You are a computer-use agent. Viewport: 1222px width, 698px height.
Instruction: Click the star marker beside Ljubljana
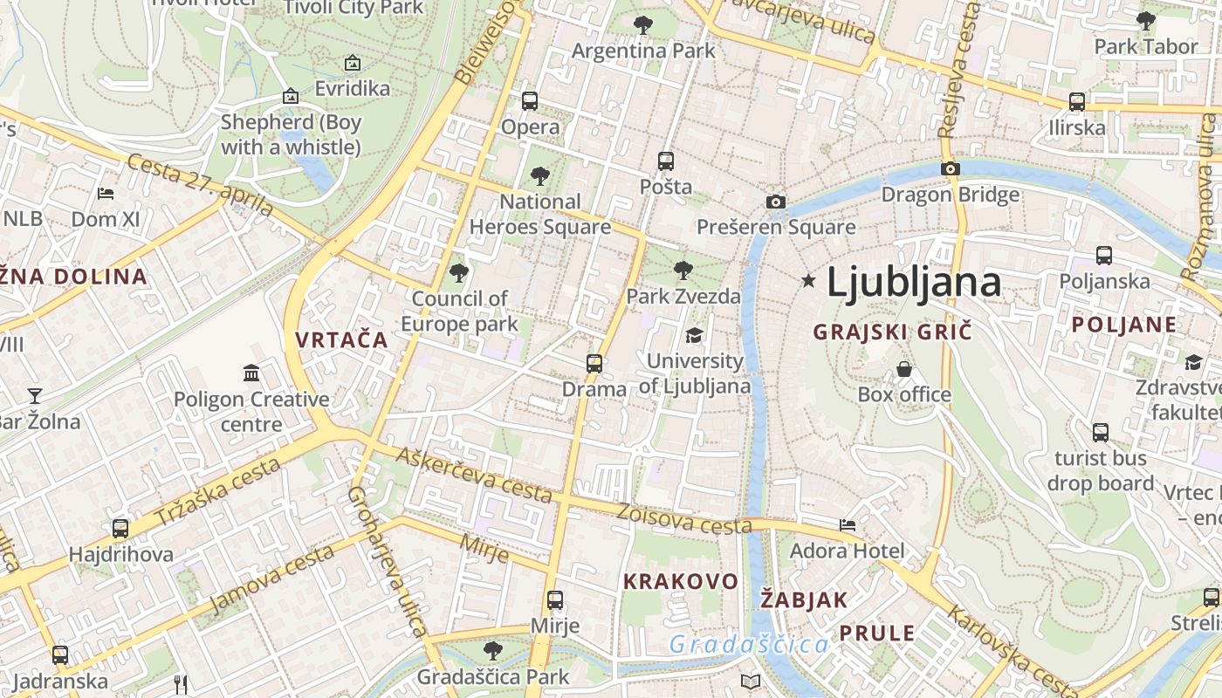coord(809,281)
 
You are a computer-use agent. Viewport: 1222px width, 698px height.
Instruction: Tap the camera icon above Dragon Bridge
coord(951,168)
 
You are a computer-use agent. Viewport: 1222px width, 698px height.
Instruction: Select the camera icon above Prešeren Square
coord(775,202)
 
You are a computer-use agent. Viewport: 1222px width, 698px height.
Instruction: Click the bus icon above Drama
coord(594,363)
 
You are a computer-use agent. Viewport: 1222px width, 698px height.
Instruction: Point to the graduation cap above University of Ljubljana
coord(694,335)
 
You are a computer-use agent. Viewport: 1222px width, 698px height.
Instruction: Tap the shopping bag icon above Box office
coord(904,369)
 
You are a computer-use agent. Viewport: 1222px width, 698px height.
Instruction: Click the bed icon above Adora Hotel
coord(848,525)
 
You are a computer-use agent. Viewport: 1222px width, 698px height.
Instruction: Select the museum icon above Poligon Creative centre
coord(252,373)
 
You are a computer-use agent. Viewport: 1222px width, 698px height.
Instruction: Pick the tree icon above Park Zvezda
coord(683,270)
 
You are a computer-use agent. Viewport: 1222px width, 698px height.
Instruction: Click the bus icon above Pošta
coord(666,161)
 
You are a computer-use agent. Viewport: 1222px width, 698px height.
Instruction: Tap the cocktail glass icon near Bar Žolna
coord(34,396)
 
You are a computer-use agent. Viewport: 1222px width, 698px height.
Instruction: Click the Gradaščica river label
coord(749,645)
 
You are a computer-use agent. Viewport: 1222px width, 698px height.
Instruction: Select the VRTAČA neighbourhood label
coord(341,339)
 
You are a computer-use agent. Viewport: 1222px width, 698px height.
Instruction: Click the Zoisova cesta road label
coord(684,519)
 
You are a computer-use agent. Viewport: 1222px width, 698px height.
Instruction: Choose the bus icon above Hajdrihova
coord(120,528)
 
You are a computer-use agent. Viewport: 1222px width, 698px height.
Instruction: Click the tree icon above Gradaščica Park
coord(493,650)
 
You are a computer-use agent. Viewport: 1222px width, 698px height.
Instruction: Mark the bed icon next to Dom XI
coord(106,193)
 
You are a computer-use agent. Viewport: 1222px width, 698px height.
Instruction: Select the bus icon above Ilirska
coord(1077,102)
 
